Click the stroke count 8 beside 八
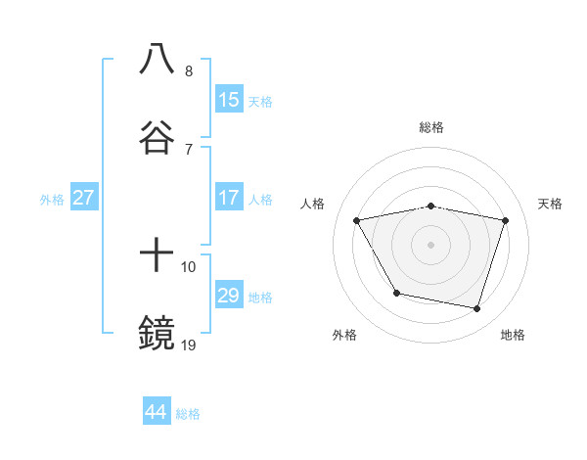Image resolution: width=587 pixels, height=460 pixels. tap(188, 71)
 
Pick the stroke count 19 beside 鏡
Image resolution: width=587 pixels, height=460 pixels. tap(189, 345)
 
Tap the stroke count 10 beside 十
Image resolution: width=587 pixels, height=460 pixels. tap(189, 266)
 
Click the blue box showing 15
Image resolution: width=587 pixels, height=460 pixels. tap(229, 100)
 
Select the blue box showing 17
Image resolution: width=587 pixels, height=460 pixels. tap(229, 198)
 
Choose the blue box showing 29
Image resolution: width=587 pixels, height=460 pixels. tap(229, 296)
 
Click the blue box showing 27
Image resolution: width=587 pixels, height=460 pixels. tap(83, 198)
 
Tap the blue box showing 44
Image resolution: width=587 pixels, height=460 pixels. tap(157, 412)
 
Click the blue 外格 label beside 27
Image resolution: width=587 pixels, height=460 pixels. tap(52, 200)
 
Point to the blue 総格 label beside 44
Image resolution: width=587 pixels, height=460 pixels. tap(188, 414)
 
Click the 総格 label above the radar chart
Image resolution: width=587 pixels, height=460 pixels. tap(431, 127)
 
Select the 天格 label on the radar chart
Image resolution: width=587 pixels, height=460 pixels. tap(550, 204)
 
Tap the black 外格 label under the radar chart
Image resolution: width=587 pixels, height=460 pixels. tap(344, 335)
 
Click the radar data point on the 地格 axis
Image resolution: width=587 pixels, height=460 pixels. tap(477, 309)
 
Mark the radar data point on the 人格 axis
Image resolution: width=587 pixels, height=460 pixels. tap(357, 220)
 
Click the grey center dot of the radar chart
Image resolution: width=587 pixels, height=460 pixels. tap(431, 244)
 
